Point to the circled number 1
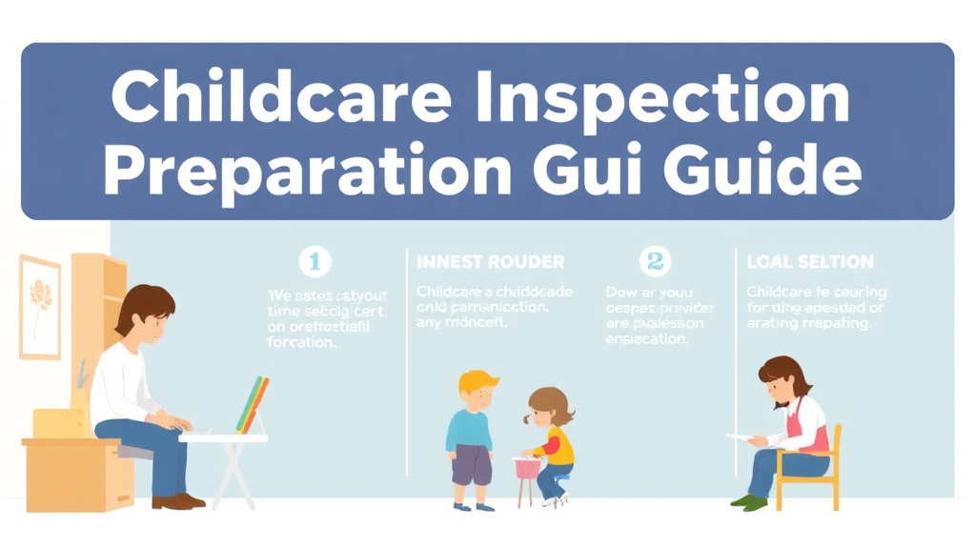pos(315,261)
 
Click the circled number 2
pos(655,261)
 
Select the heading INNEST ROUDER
pos(490,261)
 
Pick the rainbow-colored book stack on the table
pos(253,405)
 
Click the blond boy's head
pos(477,389)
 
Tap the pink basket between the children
pos(526,467)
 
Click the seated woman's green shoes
pos(749,501)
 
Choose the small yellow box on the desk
pos(59,423)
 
